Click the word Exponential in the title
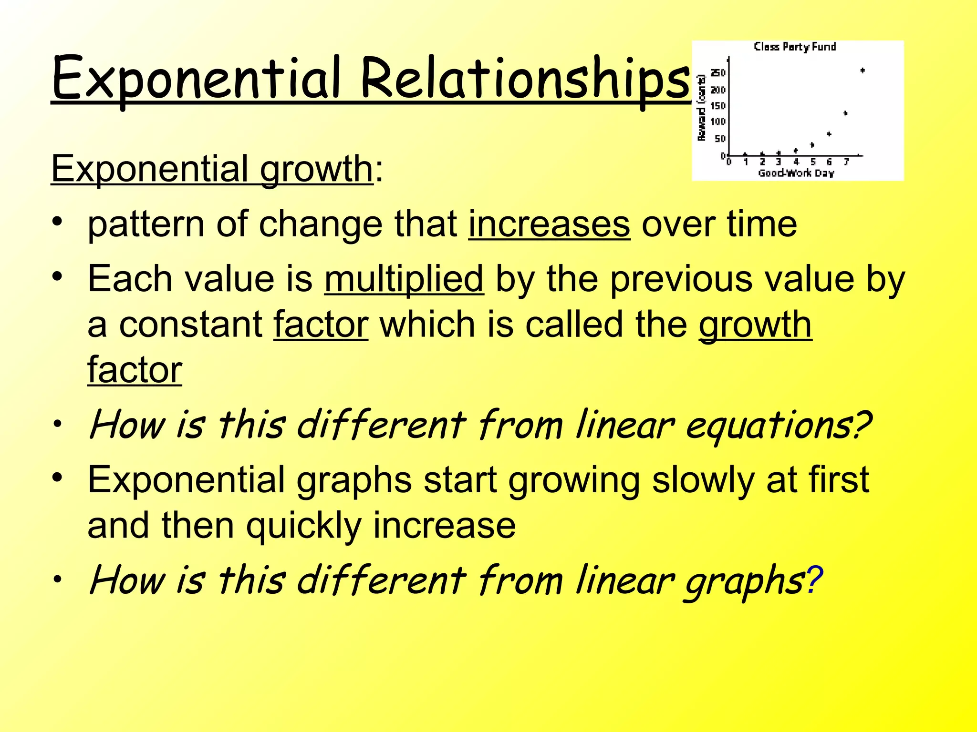(x=196, y=79)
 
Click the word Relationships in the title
(x=525, y=79)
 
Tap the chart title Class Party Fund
(x=795, y=47)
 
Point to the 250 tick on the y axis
(x=718, y=73)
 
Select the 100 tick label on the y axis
(x=717, y=122)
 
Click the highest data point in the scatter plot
(x=863, y=71)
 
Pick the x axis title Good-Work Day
(x=796, y=173)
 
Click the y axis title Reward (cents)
(x=701, y=108)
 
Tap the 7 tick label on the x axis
(x=846, y=163)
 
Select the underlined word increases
(x=549, y=224)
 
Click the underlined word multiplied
(x=404, y=279)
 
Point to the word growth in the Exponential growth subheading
(x=316, y=169)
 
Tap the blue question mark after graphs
(x=814, y=580)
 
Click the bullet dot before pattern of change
(x=57, y=222)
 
